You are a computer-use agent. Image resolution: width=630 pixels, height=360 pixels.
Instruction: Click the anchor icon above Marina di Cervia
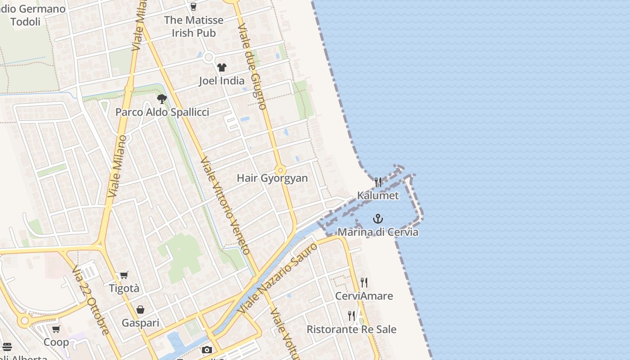tap(378, 219)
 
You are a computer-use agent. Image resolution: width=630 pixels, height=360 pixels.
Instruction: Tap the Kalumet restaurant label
tap(378, 195)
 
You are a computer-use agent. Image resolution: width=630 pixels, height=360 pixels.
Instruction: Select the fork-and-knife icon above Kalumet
tap(378, 182)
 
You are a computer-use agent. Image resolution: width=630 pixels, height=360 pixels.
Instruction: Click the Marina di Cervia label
tap(378, 232)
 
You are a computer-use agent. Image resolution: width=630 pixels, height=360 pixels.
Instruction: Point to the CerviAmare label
tap(364, 296)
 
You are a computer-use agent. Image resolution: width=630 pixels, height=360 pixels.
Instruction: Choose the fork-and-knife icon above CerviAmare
tap(364, 283)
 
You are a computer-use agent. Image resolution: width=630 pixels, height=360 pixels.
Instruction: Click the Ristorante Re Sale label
tap(351, 329)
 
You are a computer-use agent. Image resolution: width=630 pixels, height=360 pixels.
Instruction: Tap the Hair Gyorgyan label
tap(272, 178)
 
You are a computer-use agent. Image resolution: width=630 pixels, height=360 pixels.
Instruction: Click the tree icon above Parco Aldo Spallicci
tap(162, 99)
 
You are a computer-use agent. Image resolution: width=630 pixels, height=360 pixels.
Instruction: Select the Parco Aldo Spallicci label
tap(162, 112)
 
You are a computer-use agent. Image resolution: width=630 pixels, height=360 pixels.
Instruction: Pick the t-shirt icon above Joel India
tap(222, 68)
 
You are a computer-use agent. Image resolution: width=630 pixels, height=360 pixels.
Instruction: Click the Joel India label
tap(222, 81)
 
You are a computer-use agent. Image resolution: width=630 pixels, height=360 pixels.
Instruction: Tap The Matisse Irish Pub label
tap(193, 26)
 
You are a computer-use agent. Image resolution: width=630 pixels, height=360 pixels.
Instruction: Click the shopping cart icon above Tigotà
tap(124, 275)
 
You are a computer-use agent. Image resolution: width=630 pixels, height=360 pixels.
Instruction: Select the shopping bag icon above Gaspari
tap(140, 310)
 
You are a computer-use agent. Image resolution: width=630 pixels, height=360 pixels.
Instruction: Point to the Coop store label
tap(56, 342)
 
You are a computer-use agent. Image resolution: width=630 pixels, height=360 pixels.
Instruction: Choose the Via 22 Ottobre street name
tap(90, 300)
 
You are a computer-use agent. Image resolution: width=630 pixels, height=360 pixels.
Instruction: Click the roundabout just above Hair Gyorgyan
tap(280, 171)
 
